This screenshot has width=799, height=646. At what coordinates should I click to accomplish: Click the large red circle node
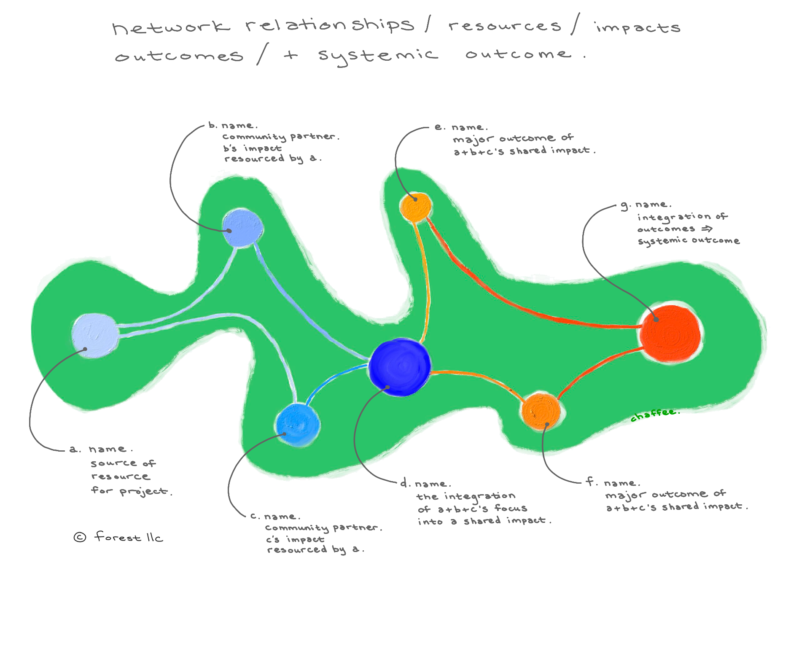pyautogui.click(x=670, y=334)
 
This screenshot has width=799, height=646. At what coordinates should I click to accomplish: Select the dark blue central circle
pyautogui.click(x=400, y=367)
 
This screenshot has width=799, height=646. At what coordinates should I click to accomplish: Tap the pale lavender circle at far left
pyautogui.click(x=95, y=335)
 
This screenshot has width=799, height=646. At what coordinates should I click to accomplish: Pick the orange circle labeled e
pyautogui.click(x=416, y=207)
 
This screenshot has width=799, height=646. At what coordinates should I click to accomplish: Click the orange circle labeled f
pyautogui.click(x=541, y=411)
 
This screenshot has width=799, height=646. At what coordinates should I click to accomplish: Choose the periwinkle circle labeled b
pyautogui.click(x=242, y=228)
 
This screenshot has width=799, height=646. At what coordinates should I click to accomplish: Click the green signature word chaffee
pyautogui.click(x=654, y=415)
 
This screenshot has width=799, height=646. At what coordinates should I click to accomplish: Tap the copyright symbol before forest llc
pyautogui.click(x=80, y=537)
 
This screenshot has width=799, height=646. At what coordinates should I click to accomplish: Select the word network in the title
pyautogui.click(x=171, y=27)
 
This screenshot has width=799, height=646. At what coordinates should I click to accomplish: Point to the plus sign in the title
pyautogui.click(x=291, y=55)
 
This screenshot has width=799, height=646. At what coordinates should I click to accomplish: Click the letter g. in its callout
pyautogui.click(x=625, y=206)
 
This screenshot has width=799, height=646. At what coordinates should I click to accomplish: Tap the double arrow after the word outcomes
pyautogui.click(x=707, y=229)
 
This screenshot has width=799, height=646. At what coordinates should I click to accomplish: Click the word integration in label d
pyautogui.click(x=479, y=496)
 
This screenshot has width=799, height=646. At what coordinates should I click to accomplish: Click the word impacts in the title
pyautogui.click(x=638, y=28)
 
